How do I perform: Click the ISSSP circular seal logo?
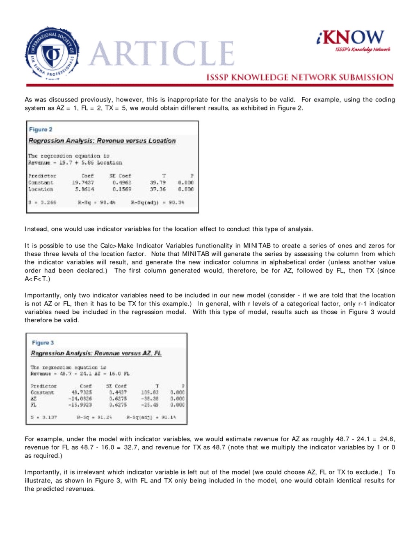[x=52, y=53]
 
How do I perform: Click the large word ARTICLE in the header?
[x=161, y=54]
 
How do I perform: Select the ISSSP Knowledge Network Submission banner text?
[x=299, y=77]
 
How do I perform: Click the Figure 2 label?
[x=41, y=129]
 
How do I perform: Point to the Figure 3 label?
[x=43, y=342]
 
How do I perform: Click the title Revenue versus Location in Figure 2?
[x=102, y=140]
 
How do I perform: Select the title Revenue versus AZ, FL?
[x=96, y=353]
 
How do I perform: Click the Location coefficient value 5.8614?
[x=84, y=189]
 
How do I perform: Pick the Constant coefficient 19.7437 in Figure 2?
[x=83, y=183]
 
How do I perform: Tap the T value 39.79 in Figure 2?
[x=158, y=183]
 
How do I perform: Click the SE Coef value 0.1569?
[x=122, y=189]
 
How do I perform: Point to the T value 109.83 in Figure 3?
[x=150, y=392]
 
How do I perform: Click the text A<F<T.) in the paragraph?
[x=37, y=279]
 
